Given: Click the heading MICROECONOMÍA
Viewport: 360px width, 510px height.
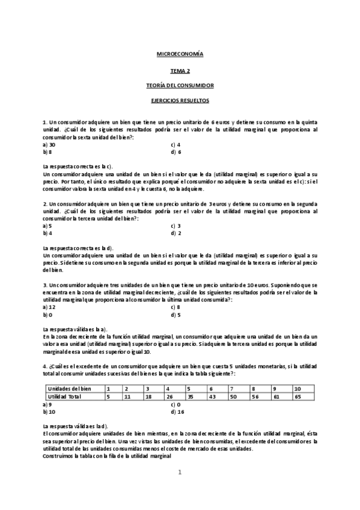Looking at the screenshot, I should [180, 55].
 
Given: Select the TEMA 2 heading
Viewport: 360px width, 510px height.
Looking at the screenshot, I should [180, 70].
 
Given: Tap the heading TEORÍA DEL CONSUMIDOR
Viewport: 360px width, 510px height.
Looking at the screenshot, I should [180, 86].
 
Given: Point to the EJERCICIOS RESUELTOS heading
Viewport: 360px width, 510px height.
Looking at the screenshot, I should [180, 101].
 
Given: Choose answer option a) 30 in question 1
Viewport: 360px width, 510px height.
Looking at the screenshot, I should [49, 145].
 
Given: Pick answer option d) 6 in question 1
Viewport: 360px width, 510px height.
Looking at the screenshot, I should [176, 152].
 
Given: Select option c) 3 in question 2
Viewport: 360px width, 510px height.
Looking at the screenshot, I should [176, 226].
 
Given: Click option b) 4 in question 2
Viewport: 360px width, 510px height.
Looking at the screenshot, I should [47, 233].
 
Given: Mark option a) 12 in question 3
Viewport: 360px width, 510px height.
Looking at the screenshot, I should [49, 307].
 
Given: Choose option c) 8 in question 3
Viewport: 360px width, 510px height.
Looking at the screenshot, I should [176, 307].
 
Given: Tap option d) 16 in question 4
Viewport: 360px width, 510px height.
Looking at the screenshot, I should [177, 412].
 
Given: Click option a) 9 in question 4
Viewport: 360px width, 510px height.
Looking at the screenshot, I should [47, 405].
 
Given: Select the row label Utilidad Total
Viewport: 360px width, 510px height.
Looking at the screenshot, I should [65, 397].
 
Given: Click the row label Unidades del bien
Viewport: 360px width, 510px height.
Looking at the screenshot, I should [68, 389].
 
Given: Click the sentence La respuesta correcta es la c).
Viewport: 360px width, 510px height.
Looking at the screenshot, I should [78, 167].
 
